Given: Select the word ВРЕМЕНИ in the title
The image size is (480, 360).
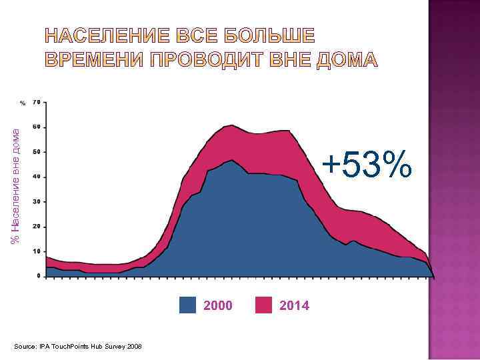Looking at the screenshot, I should pos(94,61).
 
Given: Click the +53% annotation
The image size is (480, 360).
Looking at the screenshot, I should pos(366,165).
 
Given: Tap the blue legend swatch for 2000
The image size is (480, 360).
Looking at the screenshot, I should pos(188,305).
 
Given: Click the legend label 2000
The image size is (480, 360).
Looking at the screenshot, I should pos(218,306).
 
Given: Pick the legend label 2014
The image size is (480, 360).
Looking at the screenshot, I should pos(294,306).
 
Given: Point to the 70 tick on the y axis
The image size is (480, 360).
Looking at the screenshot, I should pos(37,102).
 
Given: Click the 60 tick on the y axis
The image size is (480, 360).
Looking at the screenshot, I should pos(37,127).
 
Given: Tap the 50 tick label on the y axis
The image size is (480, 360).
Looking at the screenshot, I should pos(37,151).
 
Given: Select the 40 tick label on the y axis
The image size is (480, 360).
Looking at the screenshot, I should pos(37,177).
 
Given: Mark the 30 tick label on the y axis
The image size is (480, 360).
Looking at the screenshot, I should pos(37,201).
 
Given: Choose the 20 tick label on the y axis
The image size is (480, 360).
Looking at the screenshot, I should pos(37,226).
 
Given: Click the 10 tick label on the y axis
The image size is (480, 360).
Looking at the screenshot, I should pos(37,251).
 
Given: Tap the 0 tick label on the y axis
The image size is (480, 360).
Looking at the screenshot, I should pos(38,275).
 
